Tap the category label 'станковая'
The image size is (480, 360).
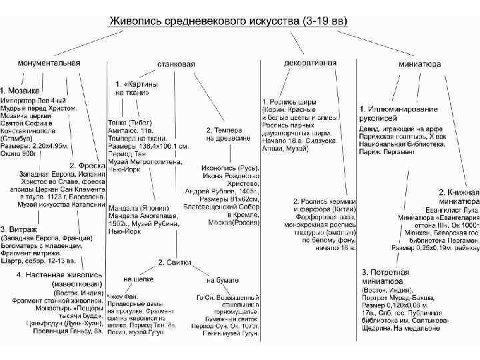coord(176,64)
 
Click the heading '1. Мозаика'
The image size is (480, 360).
coord(21,89)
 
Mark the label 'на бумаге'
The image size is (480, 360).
coord(223,279)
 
